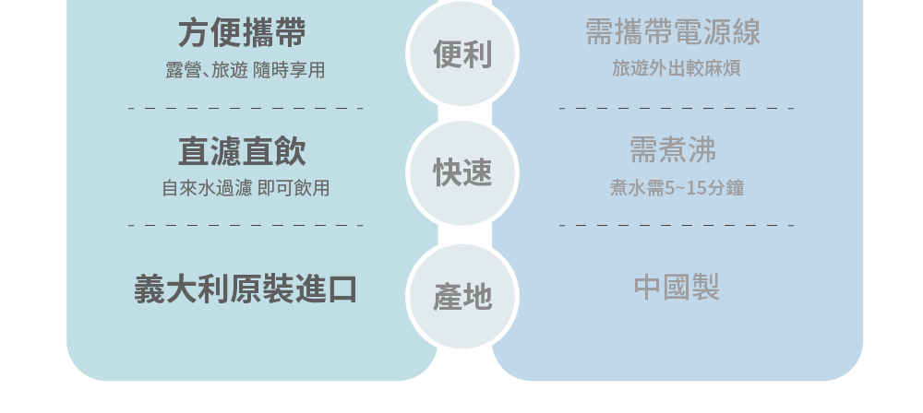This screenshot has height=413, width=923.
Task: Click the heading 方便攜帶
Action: tap(242, 32)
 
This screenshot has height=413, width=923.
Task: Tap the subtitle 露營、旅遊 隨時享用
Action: tap(245, 70)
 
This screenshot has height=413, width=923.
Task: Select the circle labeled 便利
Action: tap(462, 53)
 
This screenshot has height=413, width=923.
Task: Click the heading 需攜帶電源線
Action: tap(673, 31)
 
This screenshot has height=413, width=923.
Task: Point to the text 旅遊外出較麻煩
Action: tap(677, 68)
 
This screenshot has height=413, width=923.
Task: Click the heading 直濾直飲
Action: tap(242, 151)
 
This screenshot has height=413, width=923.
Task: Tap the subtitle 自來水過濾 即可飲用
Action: tap(246, 188)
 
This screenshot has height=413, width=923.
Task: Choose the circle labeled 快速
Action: tap(462, 173)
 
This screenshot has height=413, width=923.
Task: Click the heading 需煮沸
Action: tap(673, 150)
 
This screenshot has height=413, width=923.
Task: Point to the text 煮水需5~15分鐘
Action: tap(677, 188)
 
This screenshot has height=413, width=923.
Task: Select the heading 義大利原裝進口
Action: tap(246, 289)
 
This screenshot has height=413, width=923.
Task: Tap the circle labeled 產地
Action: tap(462, 297)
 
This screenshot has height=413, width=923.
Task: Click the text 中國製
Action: tap(677, 287)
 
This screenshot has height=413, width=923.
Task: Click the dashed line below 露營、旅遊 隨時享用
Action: tap(246, 108)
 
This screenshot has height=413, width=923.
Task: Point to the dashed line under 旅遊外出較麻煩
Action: tap(677, 108)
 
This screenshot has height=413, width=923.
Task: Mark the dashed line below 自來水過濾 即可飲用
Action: tap(246, 225)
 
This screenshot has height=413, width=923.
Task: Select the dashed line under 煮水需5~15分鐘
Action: tap(677, 225)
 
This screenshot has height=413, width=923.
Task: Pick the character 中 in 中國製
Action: tap(648, 287)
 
